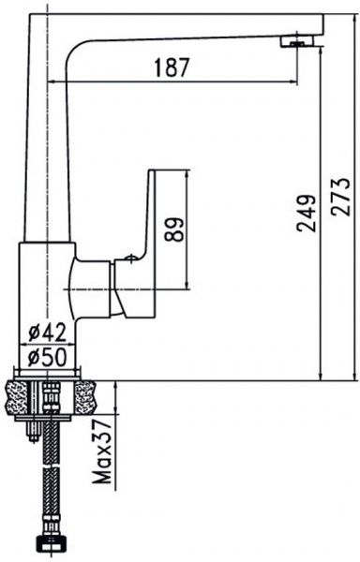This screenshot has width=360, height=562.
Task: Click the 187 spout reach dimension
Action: (171, 67)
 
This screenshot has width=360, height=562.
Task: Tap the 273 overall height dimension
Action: (340, 197)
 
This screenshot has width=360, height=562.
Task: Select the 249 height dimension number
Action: (306, 214)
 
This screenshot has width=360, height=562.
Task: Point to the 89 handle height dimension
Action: (173, 229)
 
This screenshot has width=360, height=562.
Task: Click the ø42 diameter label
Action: (48, 333)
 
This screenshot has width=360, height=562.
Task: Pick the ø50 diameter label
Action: (48, 357)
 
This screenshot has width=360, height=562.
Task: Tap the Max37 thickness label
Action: (101, 452)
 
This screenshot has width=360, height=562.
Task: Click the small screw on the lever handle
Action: (131, 259)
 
